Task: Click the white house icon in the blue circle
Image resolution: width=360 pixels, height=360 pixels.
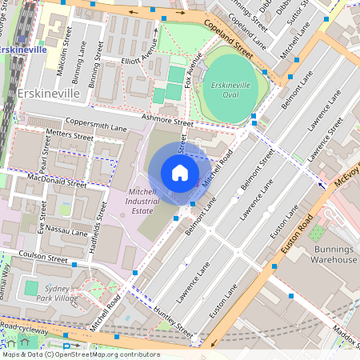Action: (180, 173)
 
